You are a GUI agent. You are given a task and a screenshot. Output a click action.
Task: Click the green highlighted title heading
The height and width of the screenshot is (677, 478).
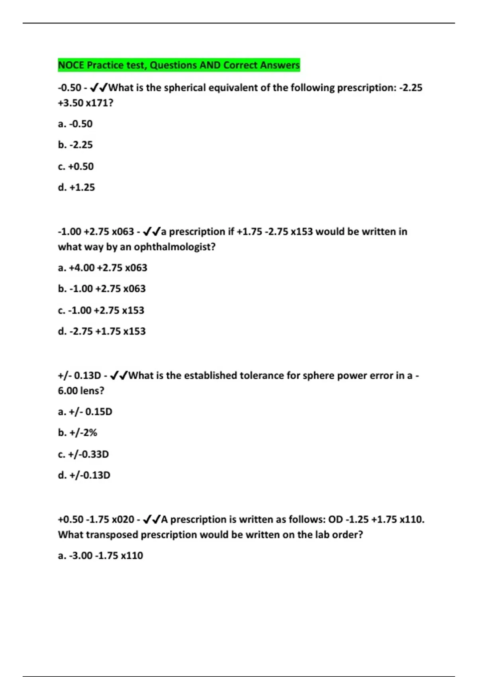[179, 65]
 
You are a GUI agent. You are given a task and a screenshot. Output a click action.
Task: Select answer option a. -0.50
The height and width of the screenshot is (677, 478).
[75, 124]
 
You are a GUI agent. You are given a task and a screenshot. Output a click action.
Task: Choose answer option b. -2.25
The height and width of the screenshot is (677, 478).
[75, 145]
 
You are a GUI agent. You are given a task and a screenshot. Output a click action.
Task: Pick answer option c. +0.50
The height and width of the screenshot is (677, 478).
[76, 166]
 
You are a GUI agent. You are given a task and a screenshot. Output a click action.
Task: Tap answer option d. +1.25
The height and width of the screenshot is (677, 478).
[76, 188]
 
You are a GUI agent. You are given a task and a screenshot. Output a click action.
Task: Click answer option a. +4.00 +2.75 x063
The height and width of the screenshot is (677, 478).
[102, 268]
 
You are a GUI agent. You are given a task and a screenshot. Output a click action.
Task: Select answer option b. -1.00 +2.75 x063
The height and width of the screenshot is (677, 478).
[102, 289]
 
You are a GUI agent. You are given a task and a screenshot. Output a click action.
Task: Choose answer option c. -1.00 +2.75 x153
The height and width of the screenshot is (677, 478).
[101, 310]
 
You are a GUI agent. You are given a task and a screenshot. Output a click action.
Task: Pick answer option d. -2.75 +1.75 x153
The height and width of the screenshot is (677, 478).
[102, 331]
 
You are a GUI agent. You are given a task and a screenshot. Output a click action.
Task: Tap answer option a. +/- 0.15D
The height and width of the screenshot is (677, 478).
[85, 412]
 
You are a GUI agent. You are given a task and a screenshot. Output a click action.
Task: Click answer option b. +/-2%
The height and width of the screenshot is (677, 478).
[77, 433]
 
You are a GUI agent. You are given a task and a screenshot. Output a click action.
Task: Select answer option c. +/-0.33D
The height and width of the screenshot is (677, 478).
[83, 454]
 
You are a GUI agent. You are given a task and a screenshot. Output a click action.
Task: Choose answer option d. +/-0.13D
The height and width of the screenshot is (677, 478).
[84, 475]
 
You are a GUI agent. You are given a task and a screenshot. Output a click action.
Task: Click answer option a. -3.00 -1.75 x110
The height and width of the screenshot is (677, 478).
[100, 556]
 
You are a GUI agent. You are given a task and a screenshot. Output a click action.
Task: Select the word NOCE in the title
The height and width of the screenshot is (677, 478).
[71, 65]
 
